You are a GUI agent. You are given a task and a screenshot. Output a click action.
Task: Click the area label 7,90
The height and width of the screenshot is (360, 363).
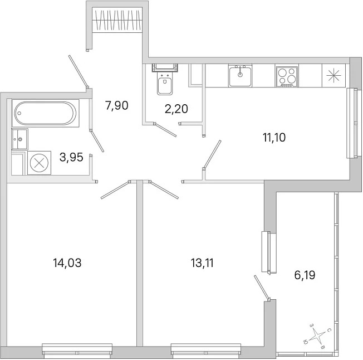click(x=117, y=106)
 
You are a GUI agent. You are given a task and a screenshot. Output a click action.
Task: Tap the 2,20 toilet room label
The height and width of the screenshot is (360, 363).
click(x=176, y=109)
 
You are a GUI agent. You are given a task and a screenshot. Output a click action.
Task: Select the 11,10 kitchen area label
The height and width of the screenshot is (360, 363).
click(x=274, y=138)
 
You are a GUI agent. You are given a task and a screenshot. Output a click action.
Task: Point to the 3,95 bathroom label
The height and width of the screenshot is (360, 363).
click(x=71, y=157)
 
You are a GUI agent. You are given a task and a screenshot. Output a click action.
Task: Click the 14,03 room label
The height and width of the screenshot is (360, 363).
click(x=67, y=263)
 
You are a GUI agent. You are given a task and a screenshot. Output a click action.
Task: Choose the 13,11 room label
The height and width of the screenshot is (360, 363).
click(x=202, y=263)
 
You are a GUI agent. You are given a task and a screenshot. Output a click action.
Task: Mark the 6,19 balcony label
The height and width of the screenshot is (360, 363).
click(x=305, y=275)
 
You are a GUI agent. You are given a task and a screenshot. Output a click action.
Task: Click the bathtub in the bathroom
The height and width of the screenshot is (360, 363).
click(x=46, y=113)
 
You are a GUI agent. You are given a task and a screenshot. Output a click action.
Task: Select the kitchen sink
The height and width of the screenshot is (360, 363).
click(x=241, y=76)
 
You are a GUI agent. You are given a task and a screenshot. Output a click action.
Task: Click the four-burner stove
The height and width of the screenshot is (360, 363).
click(x=287, y=77)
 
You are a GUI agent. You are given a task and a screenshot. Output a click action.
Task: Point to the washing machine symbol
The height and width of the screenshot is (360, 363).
click(x=39, y=163)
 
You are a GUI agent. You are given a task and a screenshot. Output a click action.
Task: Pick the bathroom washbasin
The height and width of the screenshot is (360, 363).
click(x=19, y=139)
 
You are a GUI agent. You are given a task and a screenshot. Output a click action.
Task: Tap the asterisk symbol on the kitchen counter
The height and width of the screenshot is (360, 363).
click(x=333, y=76)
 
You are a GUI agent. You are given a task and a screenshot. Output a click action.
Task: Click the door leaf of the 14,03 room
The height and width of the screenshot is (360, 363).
click(x=115, y=190)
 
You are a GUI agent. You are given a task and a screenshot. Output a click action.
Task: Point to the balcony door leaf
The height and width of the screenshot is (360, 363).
click(x=262, y=287)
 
